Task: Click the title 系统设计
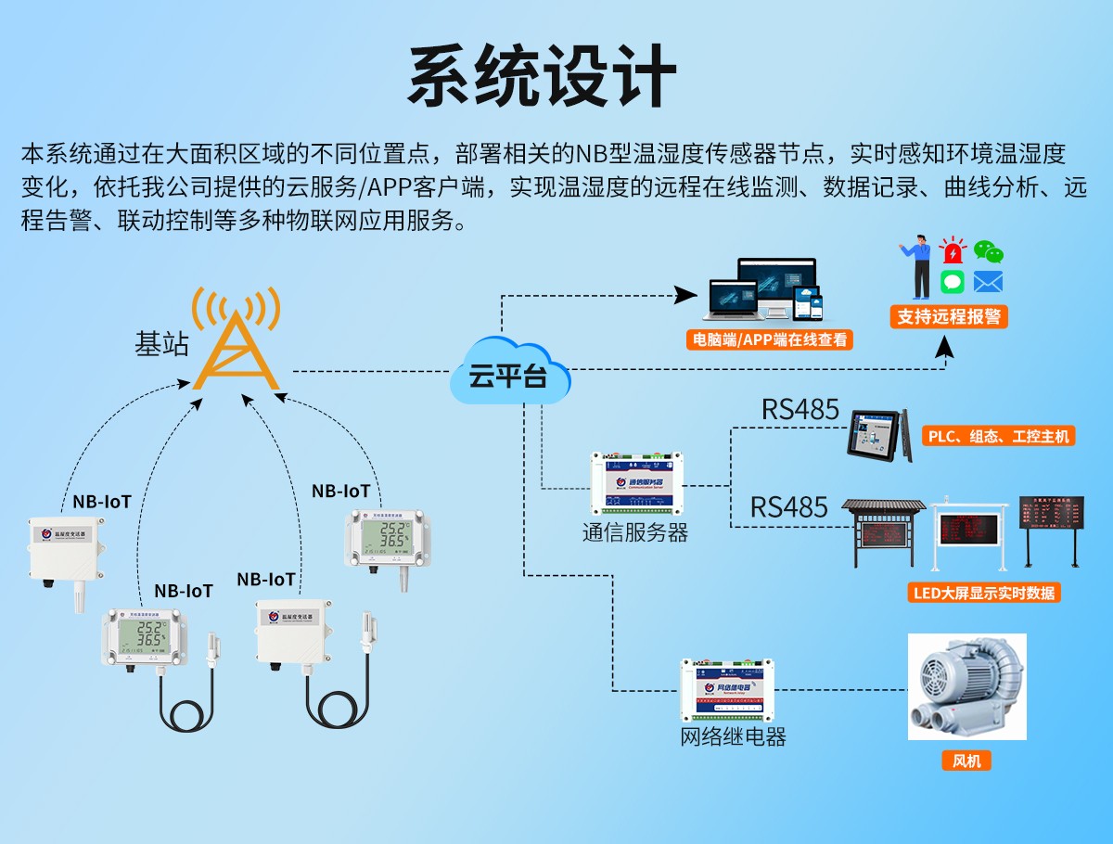tap(543, 76)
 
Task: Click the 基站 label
tap(161, 345)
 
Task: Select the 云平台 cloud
tap(508, 376)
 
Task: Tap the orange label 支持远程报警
tap(948, 316)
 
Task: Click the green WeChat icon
tap(988, 251)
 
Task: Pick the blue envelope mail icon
tap(988, 282)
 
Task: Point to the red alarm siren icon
tap(953, 250)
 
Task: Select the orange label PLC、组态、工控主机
tap(997, 436)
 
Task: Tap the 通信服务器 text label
tap(635, 532)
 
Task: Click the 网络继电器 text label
tap(733, 737)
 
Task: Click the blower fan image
tap(966, 686)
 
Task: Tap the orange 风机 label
tap(966, 761)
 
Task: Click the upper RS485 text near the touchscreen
tap(800, 409)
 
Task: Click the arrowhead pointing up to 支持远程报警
tap(944, 347)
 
